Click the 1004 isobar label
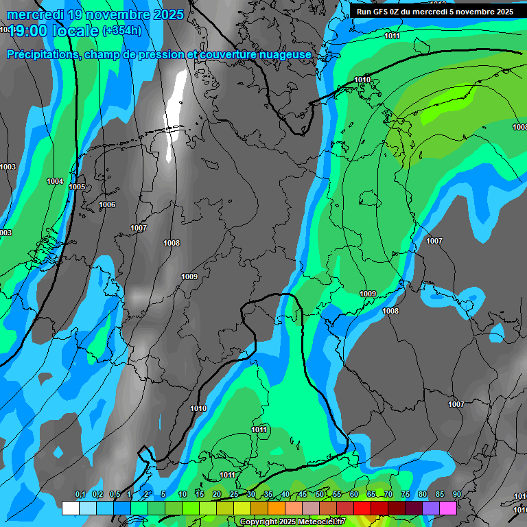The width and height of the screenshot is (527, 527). [x=55, y=181]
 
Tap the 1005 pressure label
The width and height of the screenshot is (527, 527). [x=77, y=187]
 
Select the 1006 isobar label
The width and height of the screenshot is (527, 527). [x=107, y=204]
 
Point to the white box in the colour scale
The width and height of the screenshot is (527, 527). [x=70, y=508]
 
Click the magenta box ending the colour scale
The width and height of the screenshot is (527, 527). [x=448, y=508]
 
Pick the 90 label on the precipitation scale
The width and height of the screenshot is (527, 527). [x=456, y=495]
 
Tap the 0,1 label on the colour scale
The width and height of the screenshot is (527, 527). [x=80, y=495]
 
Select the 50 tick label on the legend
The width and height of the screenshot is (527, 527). [x=320, y=495]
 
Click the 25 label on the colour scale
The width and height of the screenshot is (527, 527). [x=234, y=495]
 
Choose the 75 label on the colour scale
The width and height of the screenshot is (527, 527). [x=406, y=495]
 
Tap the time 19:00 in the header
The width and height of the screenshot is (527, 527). [x=30, y=31]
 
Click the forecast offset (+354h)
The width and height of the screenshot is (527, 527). [x=122, y=31]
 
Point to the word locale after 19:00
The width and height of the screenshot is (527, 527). [x=78, y=31]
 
